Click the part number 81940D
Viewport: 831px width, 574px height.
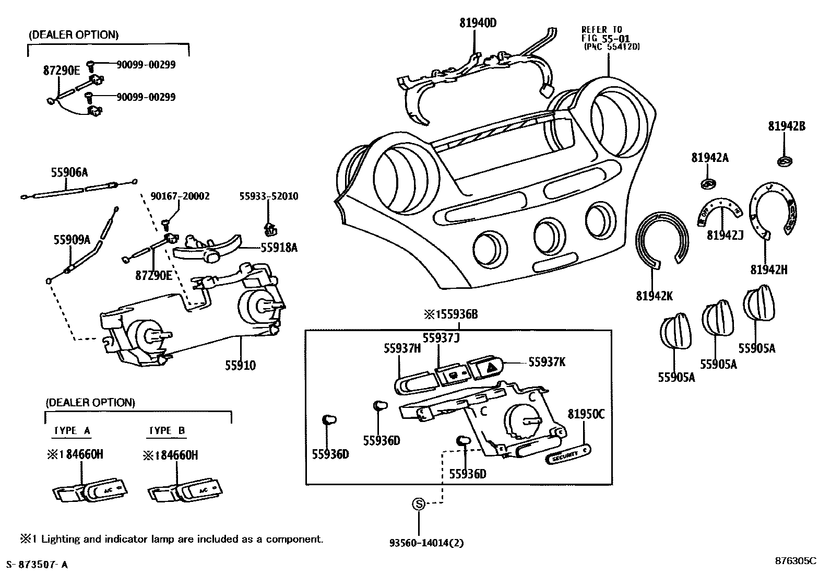(x=478, y=23)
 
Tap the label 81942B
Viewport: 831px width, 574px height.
(x=786, y=126)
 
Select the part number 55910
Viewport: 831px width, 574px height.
(x=240, y=365)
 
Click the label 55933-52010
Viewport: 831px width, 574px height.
(x=269, y=196)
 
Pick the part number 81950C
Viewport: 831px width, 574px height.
(x=586, y=414)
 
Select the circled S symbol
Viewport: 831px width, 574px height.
(x=418, y=504)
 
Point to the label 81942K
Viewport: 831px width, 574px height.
(x=655, y=296)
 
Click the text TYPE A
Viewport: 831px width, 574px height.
(x=72, y=430)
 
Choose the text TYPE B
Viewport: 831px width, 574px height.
(x=167, y=430)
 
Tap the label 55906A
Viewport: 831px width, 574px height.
(x=69, y=172)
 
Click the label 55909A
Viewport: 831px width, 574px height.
(x=72, y=240)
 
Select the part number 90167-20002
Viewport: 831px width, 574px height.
(x=180, y=196)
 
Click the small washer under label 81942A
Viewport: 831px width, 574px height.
(x=708, y=183)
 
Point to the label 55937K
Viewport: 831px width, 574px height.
(x=547, y=361)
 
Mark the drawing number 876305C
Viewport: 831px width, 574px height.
(x=795, y=561)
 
